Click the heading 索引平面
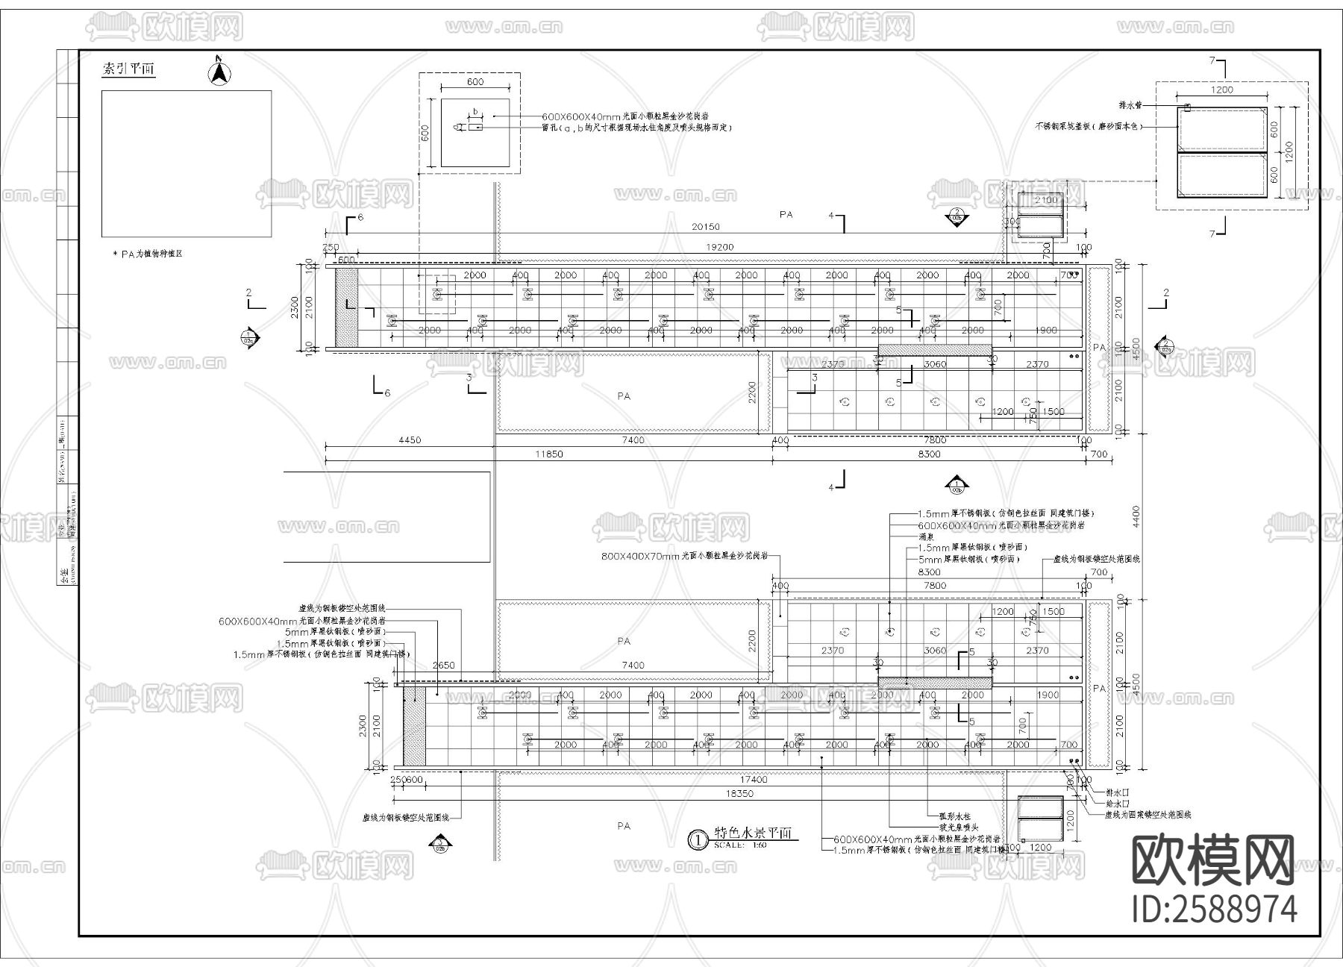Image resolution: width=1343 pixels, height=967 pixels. coord(128,69)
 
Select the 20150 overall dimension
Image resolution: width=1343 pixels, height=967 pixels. coord(705,227)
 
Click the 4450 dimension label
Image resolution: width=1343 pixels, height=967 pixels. coord(409,440)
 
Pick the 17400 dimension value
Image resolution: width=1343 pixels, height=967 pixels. coord(754,780)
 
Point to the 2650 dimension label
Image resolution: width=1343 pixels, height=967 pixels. coord(443,666)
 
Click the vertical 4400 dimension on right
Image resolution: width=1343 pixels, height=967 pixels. coord(1136,515)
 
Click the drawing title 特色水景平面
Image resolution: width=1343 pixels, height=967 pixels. coord(753,833)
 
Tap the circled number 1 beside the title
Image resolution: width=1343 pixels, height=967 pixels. coord(697,839)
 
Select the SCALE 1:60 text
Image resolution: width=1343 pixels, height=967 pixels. coord(740,846)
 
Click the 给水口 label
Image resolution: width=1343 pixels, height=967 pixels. coord(1117,804)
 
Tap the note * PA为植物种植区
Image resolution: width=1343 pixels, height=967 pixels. coord(147,254)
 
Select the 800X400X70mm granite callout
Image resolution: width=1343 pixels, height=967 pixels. coord(684,556)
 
